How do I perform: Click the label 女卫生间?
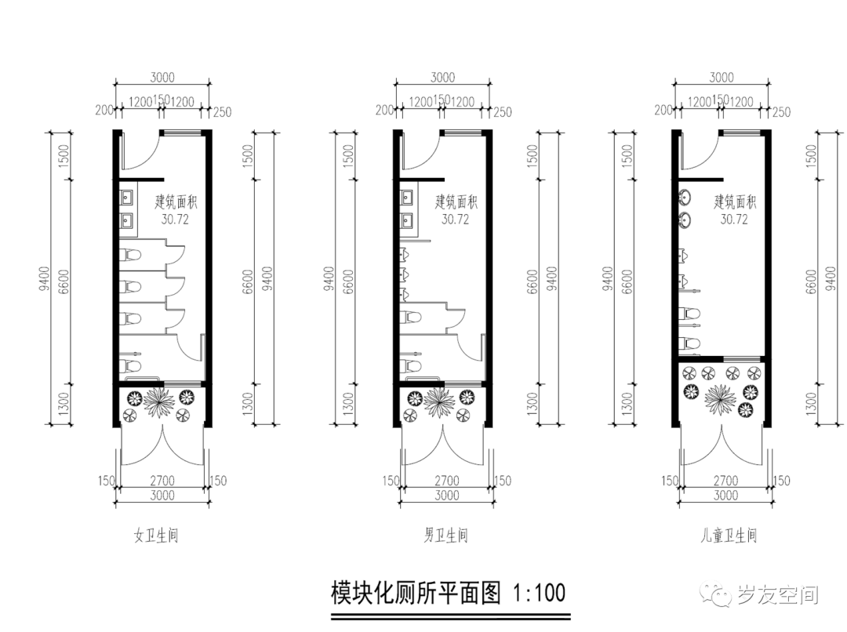point(156,536)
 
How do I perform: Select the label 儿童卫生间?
point(729,536)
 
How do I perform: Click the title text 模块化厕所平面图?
point(416,592)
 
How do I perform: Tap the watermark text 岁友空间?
point(778,595)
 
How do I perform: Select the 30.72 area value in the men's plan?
point(455,220)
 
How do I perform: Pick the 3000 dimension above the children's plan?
point(721,78)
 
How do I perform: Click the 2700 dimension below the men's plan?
point(446,481)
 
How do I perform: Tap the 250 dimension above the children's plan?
point(781,113)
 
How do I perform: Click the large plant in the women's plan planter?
point(162,402)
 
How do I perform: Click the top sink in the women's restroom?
point(127,198)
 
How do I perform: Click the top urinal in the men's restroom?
point(405,254)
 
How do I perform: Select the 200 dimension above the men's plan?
point(384,111)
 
